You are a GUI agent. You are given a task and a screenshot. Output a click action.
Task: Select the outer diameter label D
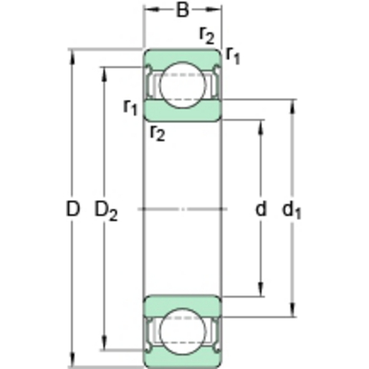click(72, 209)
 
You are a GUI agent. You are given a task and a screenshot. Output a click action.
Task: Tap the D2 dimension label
click(105, 211)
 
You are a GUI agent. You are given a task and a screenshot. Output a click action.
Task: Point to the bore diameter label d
click(261, 209)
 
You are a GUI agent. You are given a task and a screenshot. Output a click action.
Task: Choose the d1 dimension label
click(292, 210)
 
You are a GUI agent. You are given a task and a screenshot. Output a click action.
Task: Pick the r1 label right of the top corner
click(233, 55)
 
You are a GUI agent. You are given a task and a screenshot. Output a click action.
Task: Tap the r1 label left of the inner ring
click(130, 107)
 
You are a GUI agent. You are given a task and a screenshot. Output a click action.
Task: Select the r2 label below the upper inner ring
click(157, 133)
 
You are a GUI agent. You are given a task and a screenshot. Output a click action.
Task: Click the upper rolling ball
click(183, 84)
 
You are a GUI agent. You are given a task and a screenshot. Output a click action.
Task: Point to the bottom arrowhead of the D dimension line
click(72, 362)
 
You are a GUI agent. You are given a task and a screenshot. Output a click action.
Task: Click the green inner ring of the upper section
click(183, 110)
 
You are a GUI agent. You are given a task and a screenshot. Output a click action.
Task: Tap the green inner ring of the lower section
click(183, 305)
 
